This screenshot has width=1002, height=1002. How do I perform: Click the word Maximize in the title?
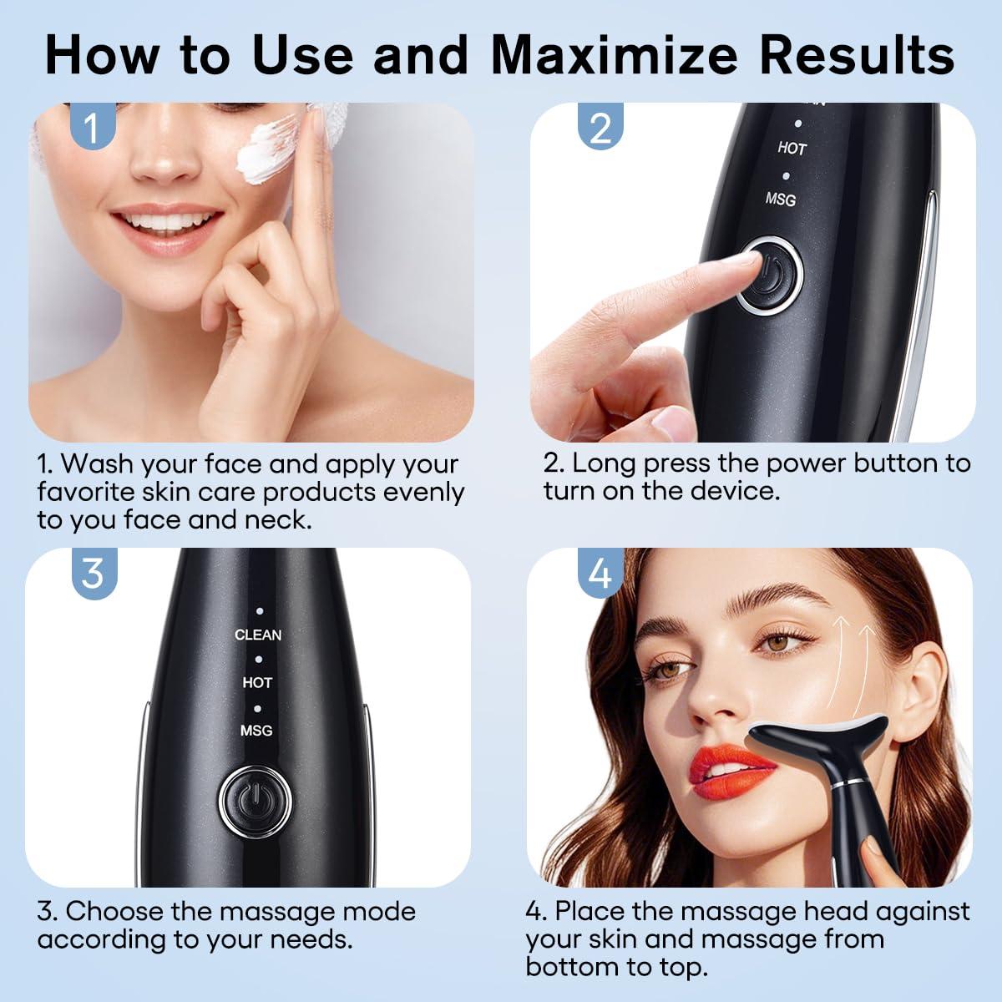pos(614,55)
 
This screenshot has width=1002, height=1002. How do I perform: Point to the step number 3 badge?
pos(92,573)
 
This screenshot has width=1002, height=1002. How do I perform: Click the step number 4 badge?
pos(600,574)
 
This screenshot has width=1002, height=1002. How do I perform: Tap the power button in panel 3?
pos(255,802)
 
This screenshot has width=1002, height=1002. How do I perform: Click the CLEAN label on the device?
pos(258,635)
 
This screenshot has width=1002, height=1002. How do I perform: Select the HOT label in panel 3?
pos(257,682)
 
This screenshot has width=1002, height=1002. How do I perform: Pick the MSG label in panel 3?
pos(256,731)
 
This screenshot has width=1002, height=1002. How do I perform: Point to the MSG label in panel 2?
pos(781,199)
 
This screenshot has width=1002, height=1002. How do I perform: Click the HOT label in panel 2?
pos(792,149)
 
